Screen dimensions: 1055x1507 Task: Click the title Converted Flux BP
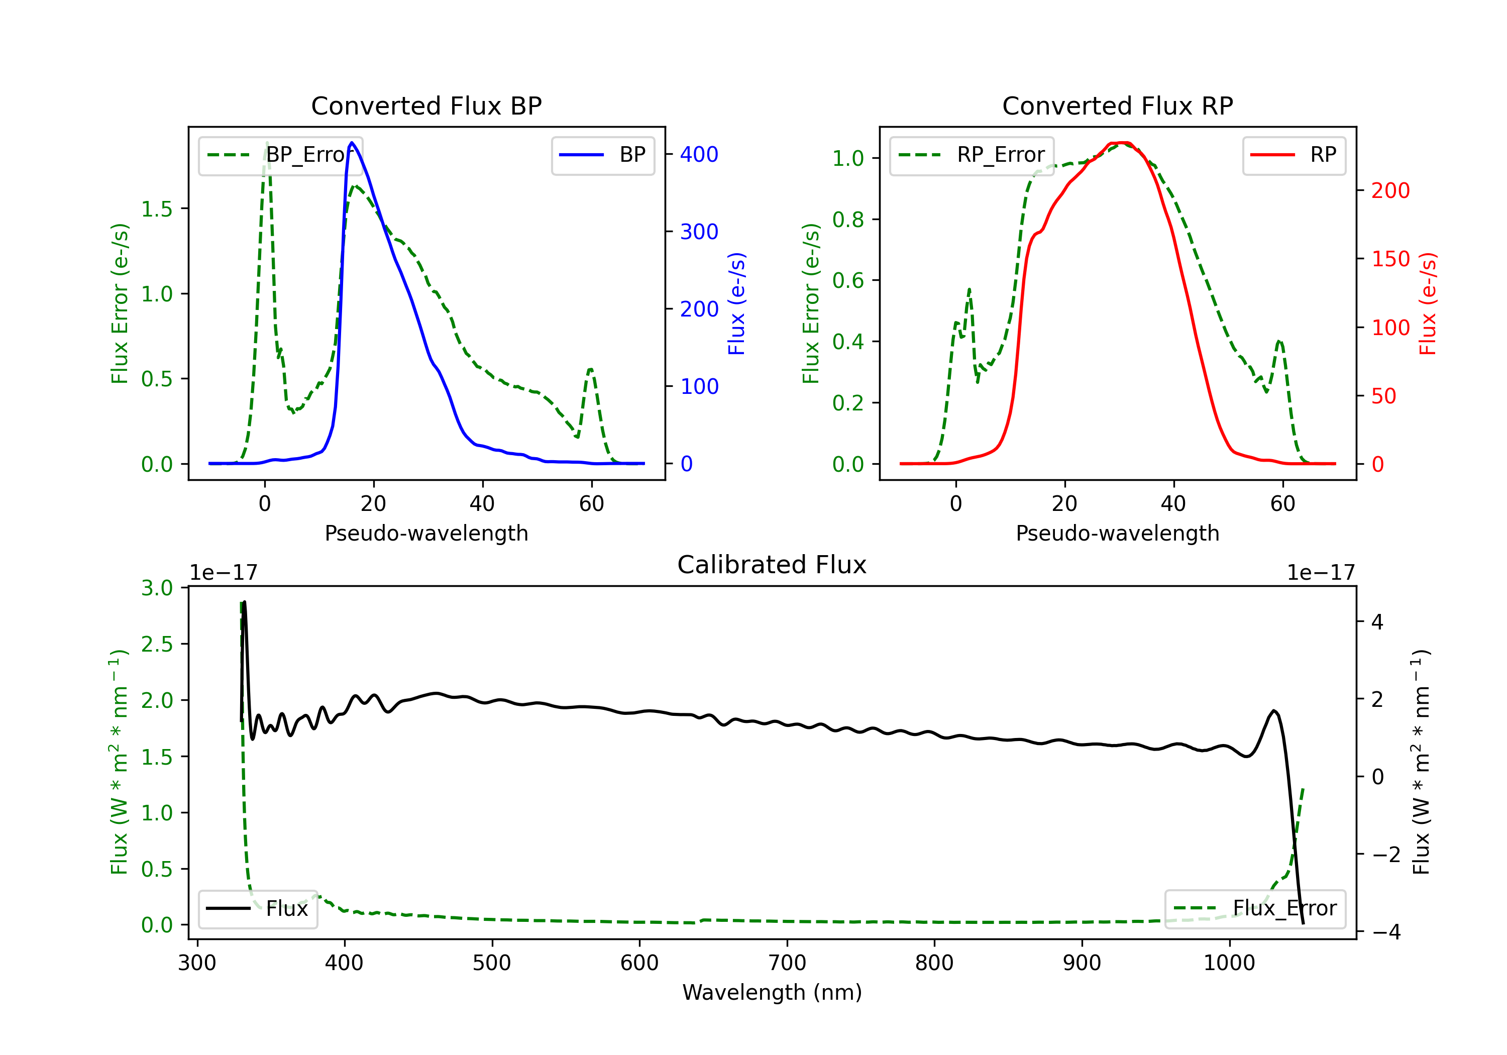[x=426, y=105]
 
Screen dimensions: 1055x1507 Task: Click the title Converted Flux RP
[x=1117, y=105]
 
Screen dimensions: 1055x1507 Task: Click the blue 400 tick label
[x=699, y=154]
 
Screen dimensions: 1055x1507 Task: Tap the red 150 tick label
[x=1390, y=259]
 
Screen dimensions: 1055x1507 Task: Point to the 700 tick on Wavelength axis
[x=787, y=963]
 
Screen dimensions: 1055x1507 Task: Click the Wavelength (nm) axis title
[x=772, y=992]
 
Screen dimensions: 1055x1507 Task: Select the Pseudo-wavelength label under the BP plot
[x=426, y=533]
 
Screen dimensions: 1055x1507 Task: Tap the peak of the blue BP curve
[x=352, y=143]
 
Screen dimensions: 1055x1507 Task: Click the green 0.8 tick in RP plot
[x=848, y=219]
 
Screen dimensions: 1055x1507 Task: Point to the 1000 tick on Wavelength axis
[x=1229, y=963]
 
